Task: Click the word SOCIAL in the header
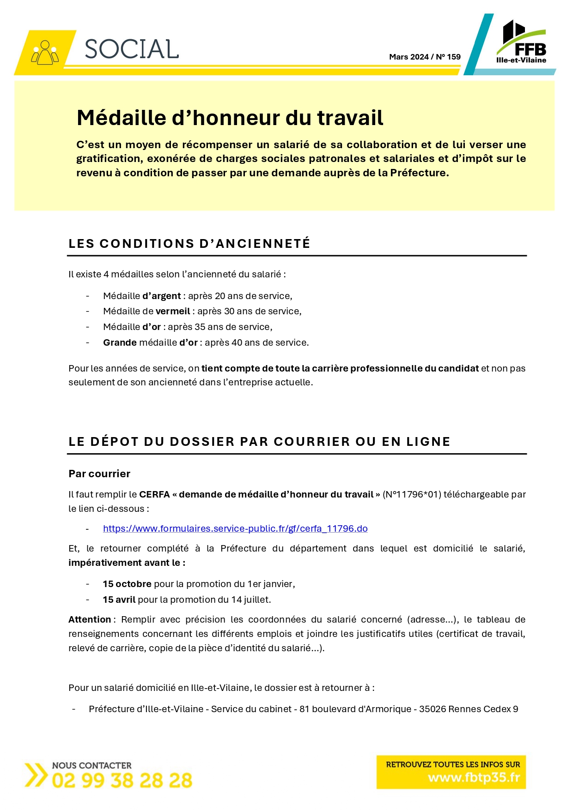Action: point(132,49)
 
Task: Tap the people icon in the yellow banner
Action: point(45,53)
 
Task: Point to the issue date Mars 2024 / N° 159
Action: point(425,57)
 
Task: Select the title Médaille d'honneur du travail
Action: point(230,118)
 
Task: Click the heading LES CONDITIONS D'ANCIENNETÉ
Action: point(189,244)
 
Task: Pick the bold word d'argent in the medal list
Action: point(161,296)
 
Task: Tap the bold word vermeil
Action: point(173,311)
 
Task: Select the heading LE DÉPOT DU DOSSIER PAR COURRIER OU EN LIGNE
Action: point(259,442)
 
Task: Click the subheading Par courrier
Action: point(99,474)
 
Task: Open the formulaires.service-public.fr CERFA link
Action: point(235,528)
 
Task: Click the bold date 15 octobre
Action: point(127,584)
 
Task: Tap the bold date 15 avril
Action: point(119,600)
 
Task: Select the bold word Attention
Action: point(90,619)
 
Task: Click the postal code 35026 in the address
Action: point(432,709)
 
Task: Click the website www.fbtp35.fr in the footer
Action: point(474,778)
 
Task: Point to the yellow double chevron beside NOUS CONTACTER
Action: point(36,775)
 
